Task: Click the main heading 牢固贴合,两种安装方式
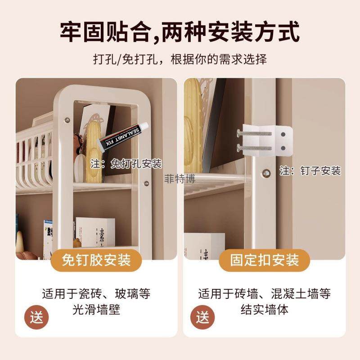[180, 32]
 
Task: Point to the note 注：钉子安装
[310, 171]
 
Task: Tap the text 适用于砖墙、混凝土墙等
[265, 294]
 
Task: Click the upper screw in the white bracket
[254, 133]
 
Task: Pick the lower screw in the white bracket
[254, 147]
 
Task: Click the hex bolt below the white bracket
[265, 173]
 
